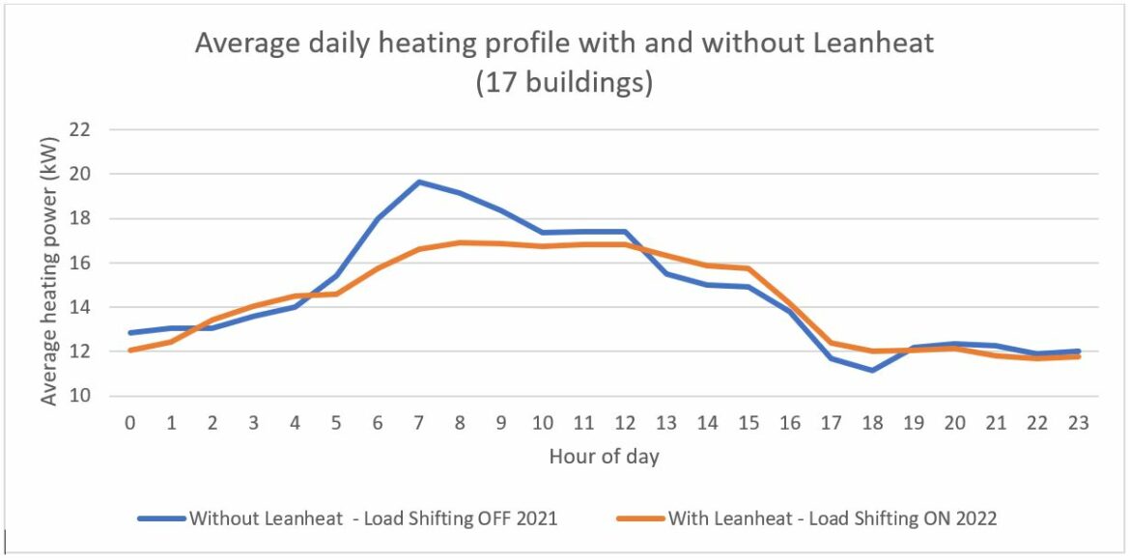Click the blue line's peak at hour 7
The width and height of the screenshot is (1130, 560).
pyautogui.click(x=419, y=182)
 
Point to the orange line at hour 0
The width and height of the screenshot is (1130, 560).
pyautogui.click(x=130, y=350)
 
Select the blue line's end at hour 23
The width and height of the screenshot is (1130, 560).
pyautogui.click(x=1079, y=351)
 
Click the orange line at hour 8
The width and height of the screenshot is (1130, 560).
pyautogui.click(x=461, y=242)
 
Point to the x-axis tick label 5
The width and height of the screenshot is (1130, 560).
pyautogui.click(x=336, y=423)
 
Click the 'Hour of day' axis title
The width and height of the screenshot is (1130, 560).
pyautogui.click(x=604, y=457)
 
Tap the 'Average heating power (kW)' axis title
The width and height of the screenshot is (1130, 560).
pyautogui.click(x=48, y=263)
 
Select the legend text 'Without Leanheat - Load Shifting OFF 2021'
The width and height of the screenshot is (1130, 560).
pyautogui.click(x=374, y=518)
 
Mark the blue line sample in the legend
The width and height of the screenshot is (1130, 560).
pyautogui.click(x=160, y=518)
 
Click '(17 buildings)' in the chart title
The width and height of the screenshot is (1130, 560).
pyautogui.click(x=564, y=83)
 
